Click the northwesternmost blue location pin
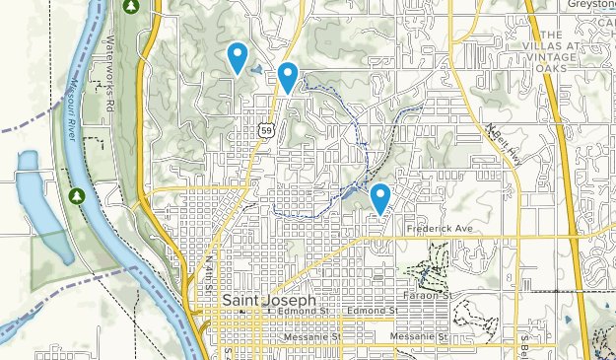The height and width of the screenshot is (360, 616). pos(237,58)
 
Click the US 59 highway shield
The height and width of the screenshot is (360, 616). pos(267,130)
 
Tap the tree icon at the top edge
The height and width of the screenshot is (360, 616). pos(131,7)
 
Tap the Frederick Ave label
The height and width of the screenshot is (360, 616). pos(440,229)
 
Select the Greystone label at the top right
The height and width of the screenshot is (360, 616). pos(591,5)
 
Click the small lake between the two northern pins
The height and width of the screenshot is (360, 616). pos(258,70)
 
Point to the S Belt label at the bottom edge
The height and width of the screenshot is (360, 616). pos(522,345)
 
